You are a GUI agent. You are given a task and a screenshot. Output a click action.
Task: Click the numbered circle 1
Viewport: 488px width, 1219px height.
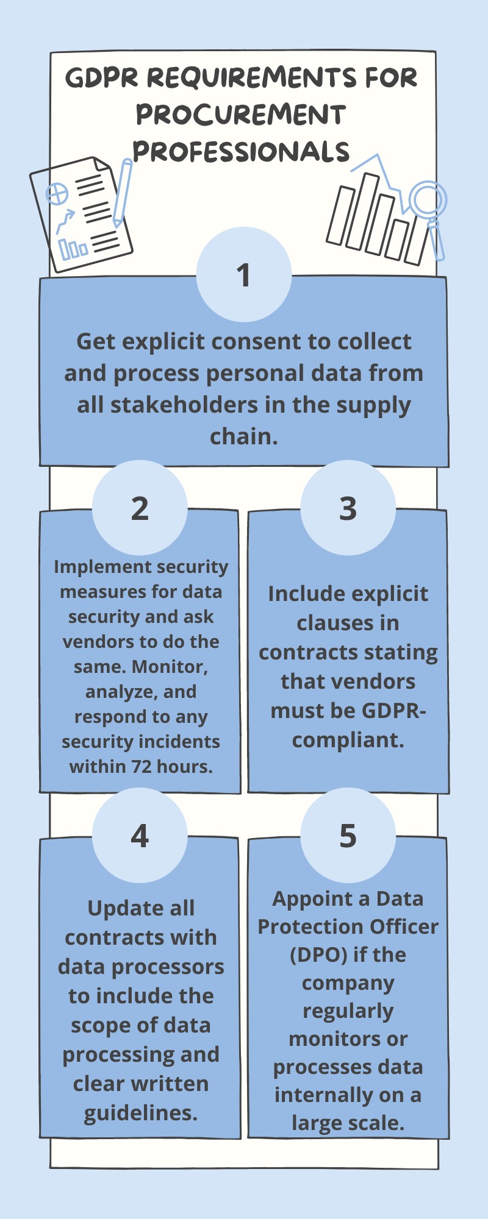point(244,274)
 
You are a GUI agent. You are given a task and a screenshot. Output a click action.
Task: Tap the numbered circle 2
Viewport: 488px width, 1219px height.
point(140,508)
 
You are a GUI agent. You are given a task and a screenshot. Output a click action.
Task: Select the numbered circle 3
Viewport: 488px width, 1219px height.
point(348,508)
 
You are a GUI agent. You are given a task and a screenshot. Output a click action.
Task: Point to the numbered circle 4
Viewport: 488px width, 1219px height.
point(140,835)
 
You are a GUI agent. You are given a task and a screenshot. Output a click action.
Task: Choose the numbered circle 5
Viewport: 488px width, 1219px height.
point(348,835)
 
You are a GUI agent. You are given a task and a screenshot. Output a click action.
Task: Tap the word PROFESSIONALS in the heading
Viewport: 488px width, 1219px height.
point(241,152)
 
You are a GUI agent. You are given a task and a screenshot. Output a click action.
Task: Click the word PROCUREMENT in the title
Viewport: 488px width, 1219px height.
point(241,115)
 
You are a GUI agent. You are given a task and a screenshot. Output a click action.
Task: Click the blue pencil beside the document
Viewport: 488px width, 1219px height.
point(122,193)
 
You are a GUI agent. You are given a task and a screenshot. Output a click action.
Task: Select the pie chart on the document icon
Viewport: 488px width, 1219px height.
point(57,195)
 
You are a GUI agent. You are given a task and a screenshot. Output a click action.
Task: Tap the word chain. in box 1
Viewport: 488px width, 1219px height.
point(244,436)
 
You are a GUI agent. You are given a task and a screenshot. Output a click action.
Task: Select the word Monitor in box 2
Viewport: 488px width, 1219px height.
point(170,667)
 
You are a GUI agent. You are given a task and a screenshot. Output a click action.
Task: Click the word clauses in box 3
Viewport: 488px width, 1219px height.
point(348,623)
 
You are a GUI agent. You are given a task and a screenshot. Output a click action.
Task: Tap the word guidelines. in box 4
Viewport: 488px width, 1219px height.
point(141,1114)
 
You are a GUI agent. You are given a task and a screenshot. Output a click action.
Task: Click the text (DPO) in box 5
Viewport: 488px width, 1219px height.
point(319,954)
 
